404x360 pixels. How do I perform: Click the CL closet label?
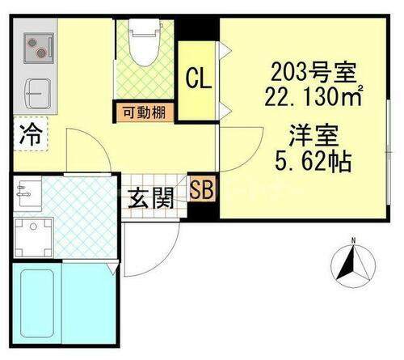tap(198, 79)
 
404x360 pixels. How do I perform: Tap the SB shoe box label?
tap(201, 191)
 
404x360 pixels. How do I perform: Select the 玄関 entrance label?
tap(150, 197)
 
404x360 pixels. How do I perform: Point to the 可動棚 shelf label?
tap(143, 112)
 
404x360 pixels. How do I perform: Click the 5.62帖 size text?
tap(314, 160)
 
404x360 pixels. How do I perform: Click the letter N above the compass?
tap(353, 240)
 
